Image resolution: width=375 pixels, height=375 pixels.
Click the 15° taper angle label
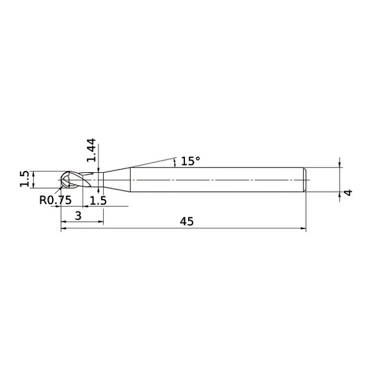pyautogui.click(x=190, y=161)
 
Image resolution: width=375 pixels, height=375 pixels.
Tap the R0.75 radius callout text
pyautogui.click(x=56, y=200)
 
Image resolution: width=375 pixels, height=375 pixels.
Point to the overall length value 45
pyautogui.click(x=187, y=221)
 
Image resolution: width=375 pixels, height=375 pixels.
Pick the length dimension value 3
pyautogui.click(x=77, y=216)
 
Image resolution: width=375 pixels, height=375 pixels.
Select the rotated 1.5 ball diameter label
pyautogui.click(x=24, y=180)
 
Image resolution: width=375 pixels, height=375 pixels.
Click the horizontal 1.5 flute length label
pyautogui.click(x=99, y=200)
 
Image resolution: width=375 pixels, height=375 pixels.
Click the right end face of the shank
pyautogui.click(x=306, y=180)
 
